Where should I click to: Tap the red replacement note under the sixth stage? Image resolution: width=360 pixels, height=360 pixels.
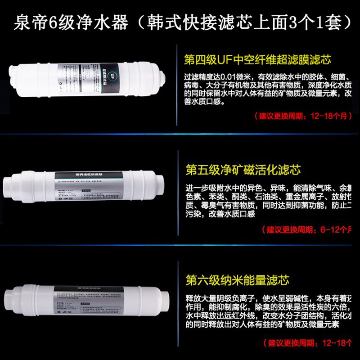point(310,343)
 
